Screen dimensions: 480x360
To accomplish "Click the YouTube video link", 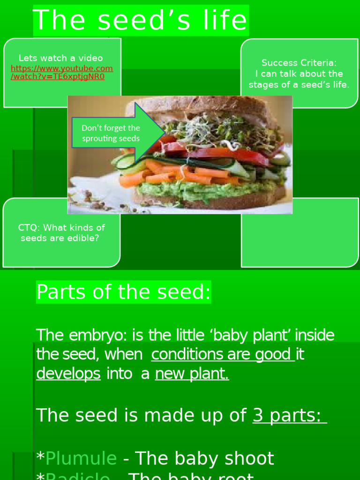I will coord(61,72).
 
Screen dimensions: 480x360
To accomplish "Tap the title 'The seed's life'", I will coord(140,20).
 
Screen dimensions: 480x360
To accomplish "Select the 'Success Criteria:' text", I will coord(299,63).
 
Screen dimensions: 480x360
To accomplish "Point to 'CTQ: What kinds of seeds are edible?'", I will coord(61,232).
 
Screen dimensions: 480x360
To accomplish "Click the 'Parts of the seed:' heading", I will coord(123,292).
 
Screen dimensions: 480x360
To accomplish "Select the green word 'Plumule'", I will coord(81,458).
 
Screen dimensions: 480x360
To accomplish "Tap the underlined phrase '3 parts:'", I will coord(289,415).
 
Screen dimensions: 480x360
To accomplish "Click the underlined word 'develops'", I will coord(68,374).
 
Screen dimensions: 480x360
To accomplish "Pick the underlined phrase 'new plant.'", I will coord(192,374).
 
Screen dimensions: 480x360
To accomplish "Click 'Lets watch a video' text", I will coord(60,58).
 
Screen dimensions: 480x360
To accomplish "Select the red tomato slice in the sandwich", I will coord(225,153).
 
